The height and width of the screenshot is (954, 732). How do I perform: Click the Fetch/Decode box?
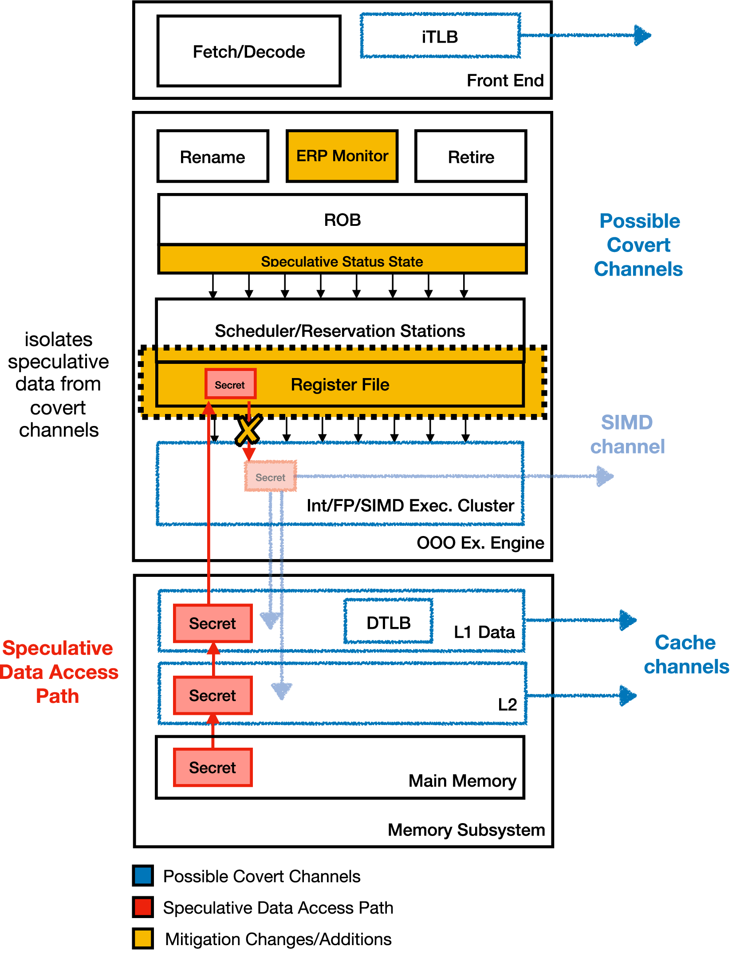249,51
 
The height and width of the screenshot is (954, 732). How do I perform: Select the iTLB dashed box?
440,36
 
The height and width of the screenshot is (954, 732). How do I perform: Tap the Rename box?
213,157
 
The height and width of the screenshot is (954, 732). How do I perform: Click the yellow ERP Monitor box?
342,156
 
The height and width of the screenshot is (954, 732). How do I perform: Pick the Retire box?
471,157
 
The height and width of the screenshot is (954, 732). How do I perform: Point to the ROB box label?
342,220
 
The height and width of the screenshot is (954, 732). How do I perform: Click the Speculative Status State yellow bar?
342,260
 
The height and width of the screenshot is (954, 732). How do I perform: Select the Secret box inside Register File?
230,384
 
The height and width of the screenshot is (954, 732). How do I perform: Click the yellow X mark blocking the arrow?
248,430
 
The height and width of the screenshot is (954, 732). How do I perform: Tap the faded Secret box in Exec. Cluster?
271,477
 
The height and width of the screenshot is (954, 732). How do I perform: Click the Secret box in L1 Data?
213,623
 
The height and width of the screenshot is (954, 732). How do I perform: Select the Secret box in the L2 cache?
213,695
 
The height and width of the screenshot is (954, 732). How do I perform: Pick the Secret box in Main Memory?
213,767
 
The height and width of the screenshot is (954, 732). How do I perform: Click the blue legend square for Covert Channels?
143,875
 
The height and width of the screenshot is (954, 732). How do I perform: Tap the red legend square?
143,907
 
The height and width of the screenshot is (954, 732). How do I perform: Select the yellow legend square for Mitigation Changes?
143,938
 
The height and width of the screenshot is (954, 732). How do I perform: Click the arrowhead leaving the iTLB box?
642,35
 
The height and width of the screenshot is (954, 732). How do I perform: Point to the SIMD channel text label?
627,434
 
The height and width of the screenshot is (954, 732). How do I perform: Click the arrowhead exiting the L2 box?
627,695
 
